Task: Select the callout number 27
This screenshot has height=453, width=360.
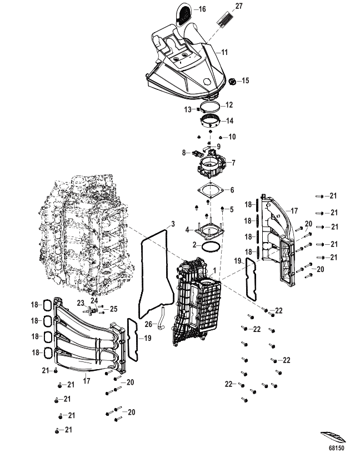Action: pyautogui.click(x=238, y=6)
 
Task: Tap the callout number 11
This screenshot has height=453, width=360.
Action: pyautogui.click(x=224, y=52)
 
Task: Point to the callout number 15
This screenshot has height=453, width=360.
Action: pyautogui.click(x=244, y=80)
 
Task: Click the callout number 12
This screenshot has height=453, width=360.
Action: pyautogui.click(x=229, y=104)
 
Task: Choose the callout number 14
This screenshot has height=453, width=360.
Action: pyautogui.click(x=229, y=120)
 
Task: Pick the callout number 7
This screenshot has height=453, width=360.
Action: pyautogui.click(x=234, y=163)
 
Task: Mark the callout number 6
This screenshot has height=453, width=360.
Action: pyautogui.click(x=232, y=189)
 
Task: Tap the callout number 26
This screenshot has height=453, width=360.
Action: pyautogui.click(x=148, y=324)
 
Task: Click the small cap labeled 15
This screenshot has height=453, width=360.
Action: pyautogui.click(x=233, y=82)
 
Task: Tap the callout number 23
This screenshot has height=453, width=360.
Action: pyautogui.click(x=81, y=303)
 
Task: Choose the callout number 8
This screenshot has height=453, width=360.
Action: pyautogui.click(x=184, y=152)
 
